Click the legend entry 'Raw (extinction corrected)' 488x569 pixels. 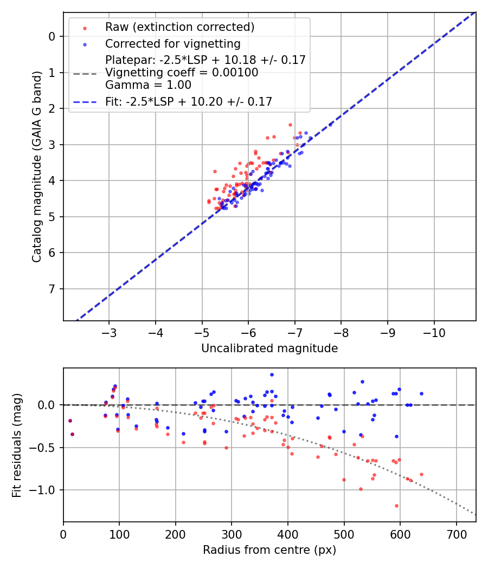pyautogui.click(x=179, y=27)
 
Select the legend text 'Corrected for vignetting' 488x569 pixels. pyautogui.click(x=173, y=43)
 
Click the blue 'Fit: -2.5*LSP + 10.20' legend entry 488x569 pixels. pyautogui.click(x=189, y=101)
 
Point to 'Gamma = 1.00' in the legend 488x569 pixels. pyautogui.click(x=148, y=85)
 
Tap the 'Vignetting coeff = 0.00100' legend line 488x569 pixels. pyautogui.click(x=182, y=72)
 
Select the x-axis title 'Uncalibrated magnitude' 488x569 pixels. pyautogui.click(x=269, y=348)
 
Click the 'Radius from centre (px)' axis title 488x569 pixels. pyautogui.click(x=269, y=550)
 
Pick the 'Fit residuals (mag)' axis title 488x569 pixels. pyautogui.click(x=17, y=445)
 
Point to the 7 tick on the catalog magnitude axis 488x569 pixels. pyautogui.click(x=52, y=289)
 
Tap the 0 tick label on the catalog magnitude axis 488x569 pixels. pyautogui.click(x=52, y=36)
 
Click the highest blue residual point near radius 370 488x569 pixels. pyautogui.click(x=272, y=374)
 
